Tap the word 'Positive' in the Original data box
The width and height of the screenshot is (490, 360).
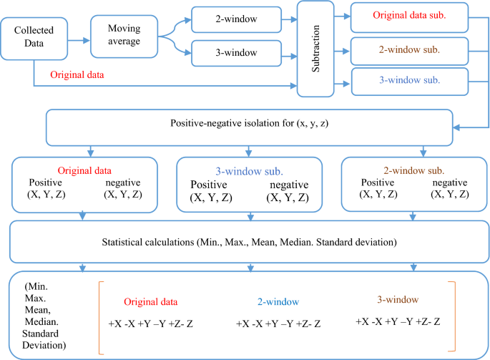tap(45, 182)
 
